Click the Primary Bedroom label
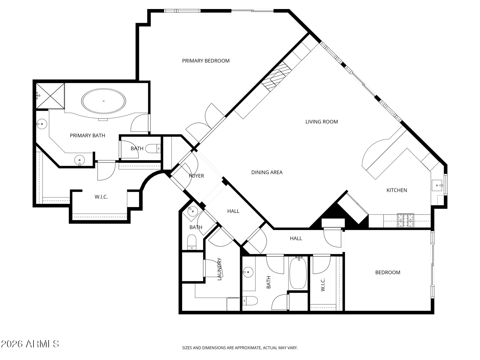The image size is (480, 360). (x=206, y=61)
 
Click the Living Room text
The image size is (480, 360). (x=321, y=122)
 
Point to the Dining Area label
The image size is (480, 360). (x=267, y=172)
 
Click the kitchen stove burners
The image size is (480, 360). (x=405, y=220)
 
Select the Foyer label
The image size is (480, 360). (x=196, y=176)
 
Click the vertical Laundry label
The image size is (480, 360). (x=220, y=269)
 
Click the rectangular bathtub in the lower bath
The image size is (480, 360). (x=298, y=273)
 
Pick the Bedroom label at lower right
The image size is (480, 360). (x=387, y=272)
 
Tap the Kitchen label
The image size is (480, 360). (x=396, y=190)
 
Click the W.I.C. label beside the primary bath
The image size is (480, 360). (x=101, y=197)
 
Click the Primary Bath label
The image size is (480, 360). (x=87, y=136)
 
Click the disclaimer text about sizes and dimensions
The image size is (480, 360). (x=240, y=348)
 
